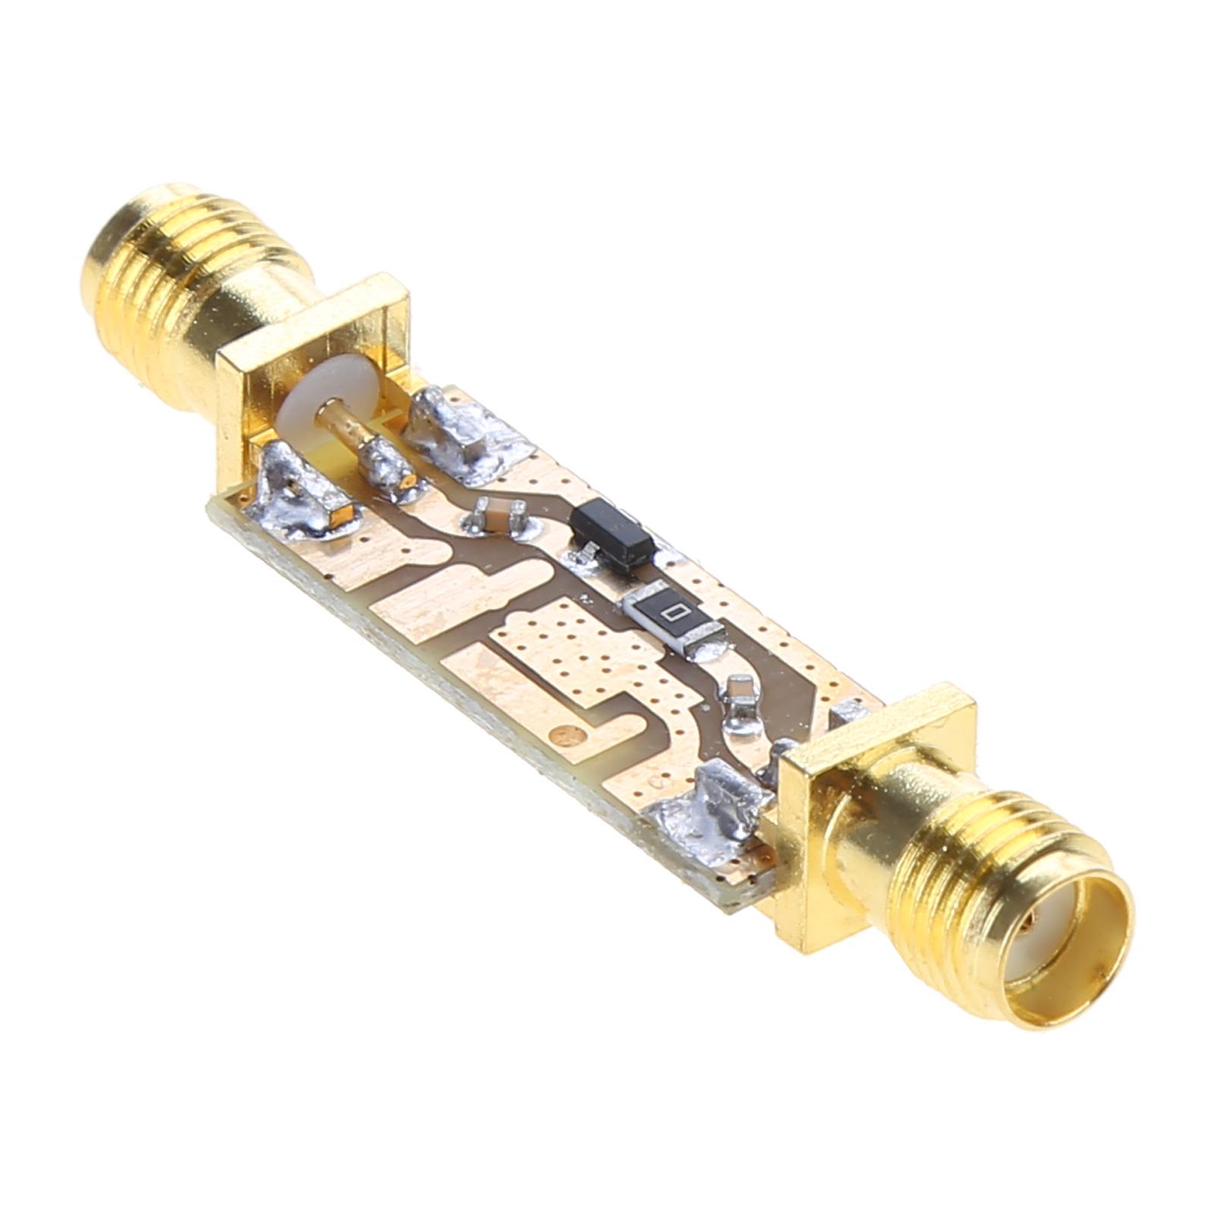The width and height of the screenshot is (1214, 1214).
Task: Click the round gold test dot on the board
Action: point(565,732)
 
